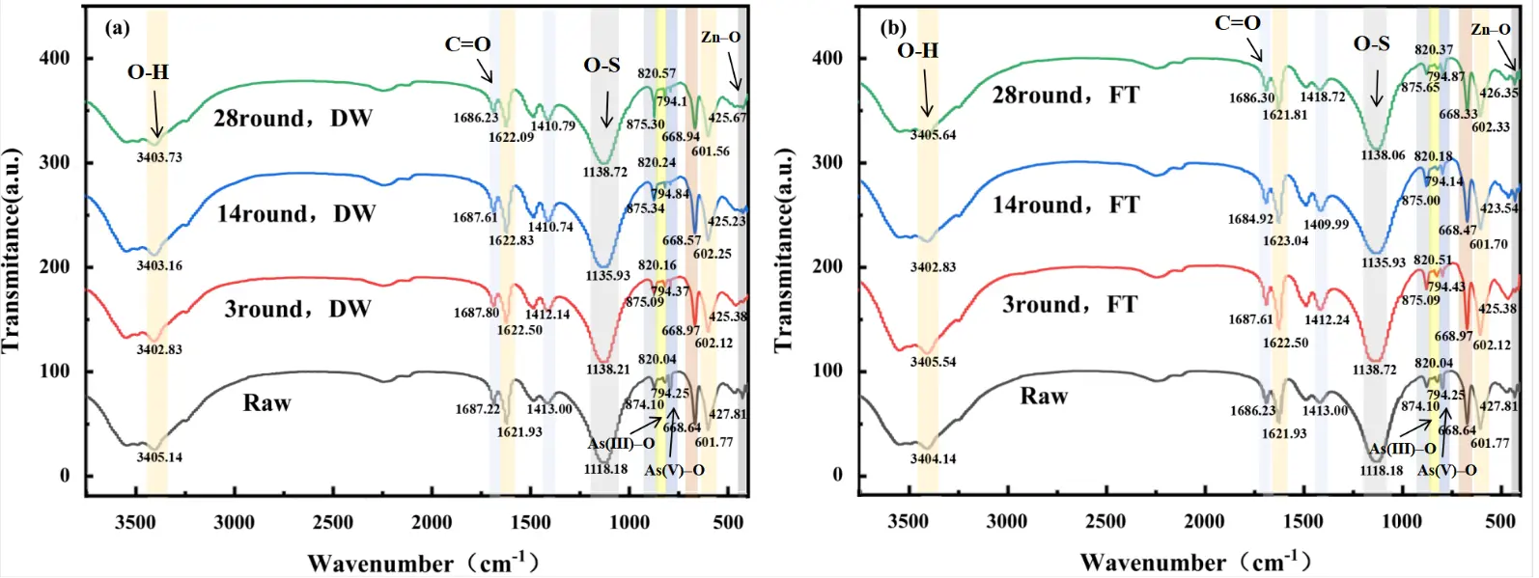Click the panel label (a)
[117, 28]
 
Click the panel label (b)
[892, 27]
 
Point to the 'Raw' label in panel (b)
[1044, 397]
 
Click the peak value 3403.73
[160, 158]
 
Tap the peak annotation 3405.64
[934, 135]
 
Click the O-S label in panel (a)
[602, 66]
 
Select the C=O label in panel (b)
[1238, 23]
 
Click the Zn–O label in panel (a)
[720, 38]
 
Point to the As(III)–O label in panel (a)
[621, 444]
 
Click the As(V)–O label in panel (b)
[1446, 470]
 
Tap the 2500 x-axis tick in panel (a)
[332, 523]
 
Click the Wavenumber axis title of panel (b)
[1194, 562]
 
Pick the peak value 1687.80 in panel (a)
[476, 313]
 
